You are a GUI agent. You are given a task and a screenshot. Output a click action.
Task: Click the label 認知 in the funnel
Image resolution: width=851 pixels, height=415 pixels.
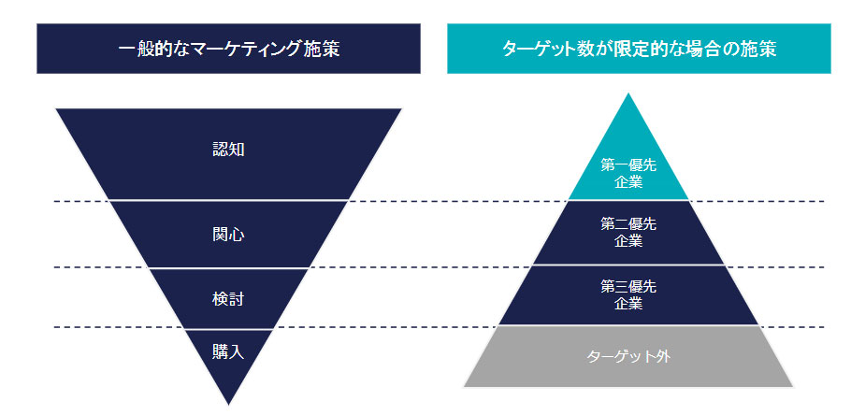tap(228, 149)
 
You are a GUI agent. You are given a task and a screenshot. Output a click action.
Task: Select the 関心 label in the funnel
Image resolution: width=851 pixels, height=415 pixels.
tap(228, 235)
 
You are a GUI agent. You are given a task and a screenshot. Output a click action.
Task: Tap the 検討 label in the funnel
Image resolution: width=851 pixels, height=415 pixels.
tap(228, 298)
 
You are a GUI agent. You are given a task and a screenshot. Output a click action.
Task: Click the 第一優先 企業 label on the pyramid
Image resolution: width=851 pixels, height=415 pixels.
tap(628, 174)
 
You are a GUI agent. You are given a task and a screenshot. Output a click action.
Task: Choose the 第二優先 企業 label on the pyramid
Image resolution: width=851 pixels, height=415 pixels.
tap(628, 233)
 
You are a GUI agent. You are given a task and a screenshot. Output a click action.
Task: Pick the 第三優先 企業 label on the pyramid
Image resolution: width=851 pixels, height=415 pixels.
tap(628, 295)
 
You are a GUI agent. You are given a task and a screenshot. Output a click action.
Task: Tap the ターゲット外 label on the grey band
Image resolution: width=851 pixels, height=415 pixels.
tap(628, 356)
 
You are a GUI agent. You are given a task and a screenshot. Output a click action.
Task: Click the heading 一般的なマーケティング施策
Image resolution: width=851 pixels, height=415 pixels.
tap(229, 49)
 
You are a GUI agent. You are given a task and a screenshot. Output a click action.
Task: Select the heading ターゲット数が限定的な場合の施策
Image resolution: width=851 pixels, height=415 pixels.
tap(638, 49)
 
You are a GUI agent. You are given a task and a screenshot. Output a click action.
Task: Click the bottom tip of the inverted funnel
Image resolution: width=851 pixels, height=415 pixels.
tap(228, 404)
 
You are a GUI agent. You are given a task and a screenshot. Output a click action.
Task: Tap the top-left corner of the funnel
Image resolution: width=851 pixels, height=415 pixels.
tap(57, 109)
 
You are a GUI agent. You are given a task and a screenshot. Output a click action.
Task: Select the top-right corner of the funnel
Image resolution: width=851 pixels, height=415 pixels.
tap(400, 109)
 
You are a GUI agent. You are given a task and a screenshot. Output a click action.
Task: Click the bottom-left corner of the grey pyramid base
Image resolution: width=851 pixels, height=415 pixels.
tap(465, 385)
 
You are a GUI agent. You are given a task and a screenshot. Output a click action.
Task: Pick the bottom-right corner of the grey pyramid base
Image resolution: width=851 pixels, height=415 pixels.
tap(792, 385)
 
